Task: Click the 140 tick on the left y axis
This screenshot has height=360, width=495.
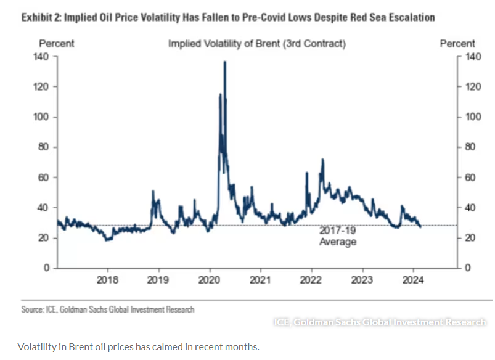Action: pos(40,57)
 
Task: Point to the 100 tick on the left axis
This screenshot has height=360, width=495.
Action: pos(40,117)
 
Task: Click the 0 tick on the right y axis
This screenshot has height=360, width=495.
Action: pos(467,268)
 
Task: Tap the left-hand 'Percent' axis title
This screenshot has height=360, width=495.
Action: pos(57,44)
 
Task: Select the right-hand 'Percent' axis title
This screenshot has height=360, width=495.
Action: pos(457,44)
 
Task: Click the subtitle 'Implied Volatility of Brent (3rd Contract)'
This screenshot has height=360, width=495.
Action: pos(257,44)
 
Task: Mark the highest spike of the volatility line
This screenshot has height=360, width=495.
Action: pos(224,62)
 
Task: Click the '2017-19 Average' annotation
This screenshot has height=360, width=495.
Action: pos(338,236)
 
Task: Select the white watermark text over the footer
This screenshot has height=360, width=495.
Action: pos(380,322)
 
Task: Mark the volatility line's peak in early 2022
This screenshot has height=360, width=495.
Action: pos(322,160)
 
